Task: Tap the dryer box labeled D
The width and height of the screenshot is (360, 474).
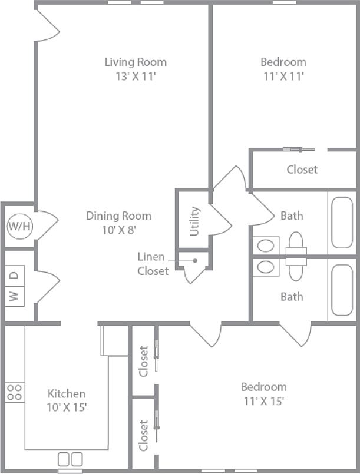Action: [x=15, y=274]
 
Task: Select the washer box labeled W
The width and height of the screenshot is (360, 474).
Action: [x=15, y=296]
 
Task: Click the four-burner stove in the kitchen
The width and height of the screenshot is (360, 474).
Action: [x=15, y=392]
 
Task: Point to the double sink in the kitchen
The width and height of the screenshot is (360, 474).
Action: [x=70, y=459]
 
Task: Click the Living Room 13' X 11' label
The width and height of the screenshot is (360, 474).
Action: [x=136, y=69]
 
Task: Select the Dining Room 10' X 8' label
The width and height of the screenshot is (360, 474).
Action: [x=118, y=223]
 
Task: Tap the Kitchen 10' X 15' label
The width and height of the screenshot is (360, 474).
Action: [x=67, y=400]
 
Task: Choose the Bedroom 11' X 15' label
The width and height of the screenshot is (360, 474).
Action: [x=263, y=394]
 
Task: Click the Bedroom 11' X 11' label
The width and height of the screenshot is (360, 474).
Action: [x=283, y=69]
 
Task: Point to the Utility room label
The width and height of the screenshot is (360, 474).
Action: [x=194, y=221]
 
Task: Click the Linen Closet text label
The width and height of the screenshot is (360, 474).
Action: [x=153, y=264]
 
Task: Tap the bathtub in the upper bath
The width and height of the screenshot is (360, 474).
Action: [x=342, y=223]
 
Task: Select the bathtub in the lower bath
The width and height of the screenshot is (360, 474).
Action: [x=342, y=290]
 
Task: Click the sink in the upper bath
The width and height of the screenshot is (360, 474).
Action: [x=266, y=245]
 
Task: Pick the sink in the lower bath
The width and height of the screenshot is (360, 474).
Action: [x=266, y=267]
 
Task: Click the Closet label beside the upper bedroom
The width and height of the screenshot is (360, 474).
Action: [x=302, y=170]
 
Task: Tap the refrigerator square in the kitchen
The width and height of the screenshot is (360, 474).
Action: [x=114, y=342]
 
